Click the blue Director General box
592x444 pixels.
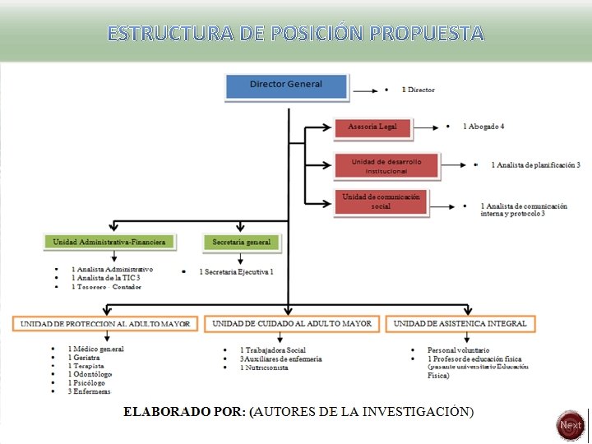286,85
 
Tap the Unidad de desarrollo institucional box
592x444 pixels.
386,166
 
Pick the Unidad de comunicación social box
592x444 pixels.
381,201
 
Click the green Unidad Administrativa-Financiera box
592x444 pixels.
109,242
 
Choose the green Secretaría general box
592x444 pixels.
241,242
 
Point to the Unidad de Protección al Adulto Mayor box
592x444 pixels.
105,324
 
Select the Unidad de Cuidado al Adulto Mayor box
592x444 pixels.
292,324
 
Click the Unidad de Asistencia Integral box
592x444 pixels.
460,324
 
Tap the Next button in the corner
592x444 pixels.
570,425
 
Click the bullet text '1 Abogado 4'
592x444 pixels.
483,127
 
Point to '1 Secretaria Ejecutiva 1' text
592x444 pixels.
236,271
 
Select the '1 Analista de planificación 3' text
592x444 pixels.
536,165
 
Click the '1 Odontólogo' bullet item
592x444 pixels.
90,374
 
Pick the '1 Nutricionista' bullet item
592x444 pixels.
264,368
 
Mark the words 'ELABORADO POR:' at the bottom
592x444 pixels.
184,411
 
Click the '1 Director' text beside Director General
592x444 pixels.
419,90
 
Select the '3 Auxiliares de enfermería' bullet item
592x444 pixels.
280,358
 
